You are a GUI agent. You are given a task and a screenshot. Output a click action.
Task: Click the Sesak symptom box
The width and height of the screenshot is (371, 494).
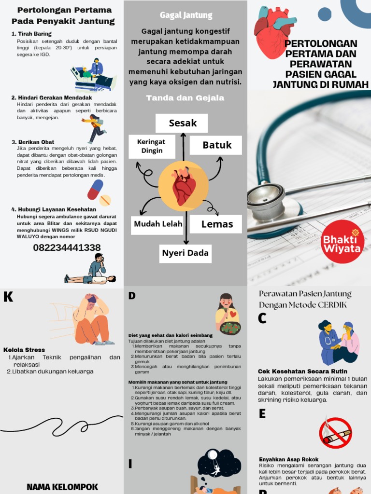[x=182, y=123]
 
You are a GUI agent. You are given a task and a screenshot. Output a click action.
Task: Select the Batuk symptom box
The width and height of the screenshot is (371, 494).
[x=216, y=145]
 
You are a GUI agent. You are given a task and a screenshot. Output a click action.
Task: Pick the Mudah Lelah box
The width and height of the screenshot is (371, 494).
[x=158, y=224]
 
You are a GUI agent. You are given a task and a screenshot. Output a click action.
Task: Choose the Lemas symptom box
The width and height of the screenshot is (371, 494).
[x=216, y=224]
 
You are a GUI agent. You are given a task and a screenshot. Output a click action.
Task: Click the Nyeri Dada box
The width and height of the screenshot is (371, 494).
[x=185, y=253]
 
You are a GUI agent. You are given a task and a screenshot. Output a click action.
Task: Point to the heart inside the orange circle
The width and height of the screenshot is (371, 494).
[x=184, y=186]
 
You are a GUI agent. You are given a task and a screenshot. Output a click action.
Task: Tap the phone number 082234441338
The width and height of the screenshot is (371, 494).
[x=67, y=247]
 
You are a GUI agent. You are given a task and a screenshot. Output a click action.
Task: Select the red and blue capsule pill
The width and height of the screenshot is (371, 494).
[x=96, y=189]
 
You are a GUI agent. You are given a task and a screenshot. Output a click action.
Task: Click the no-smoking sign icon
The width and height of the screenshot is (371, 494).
[x=335, y=433]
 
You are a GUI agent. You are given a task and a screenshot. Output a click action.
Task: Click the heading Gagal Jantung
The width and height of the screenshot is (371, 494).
[x=186, y=15]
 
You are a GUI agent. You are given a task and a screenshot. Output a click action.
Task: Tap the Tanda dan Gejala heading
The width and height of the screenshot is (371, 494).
[x=185, y=98]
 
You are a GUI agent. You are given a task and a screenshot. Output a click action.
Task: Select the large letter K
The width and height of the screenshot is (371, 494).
[x=8, y=297]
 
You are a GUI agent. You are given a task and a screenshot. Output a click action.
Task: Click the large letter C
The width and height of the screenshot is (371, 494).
[x=262, y=318]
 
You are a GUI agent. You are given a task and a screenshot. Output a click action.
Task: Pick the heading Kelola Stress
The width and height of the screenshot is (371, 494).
[x=24, y=350]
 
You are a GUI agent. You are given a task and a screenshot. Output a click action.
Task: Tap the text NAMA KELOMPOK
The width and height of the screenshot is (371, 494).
[x=62, y=487]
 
